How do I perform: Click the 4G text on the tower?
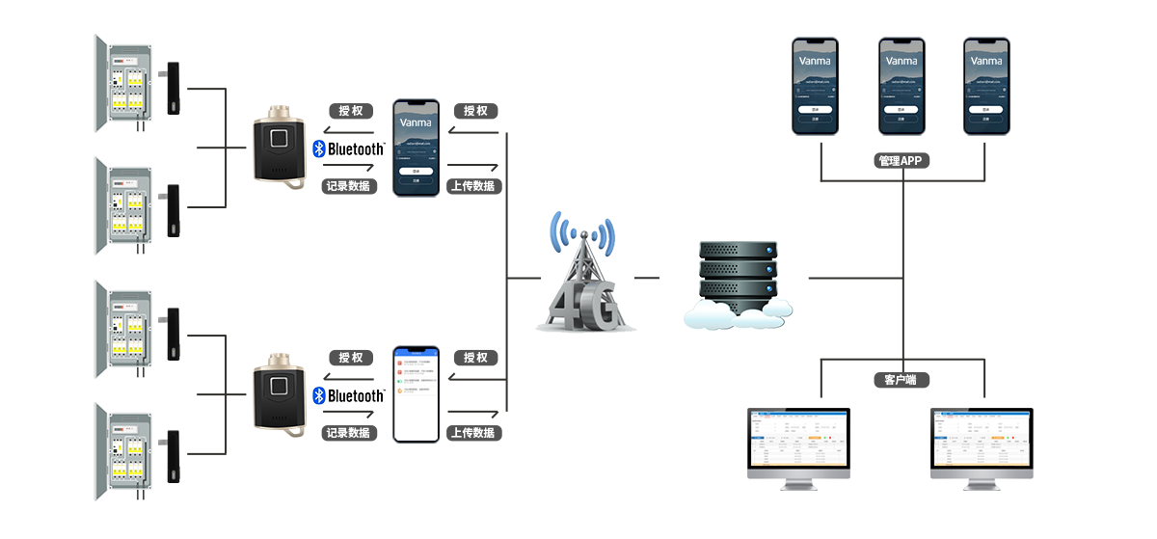click(x=583, y=307)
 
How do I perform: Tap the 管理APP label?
click(x=903, y=161)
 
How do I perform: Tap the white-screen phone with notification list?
click(x=415, y=392)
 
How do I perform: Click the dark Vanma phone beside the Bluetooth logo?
click(x=416, y=148)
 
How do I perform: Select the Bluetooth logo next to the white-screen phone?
click(x=348, y=396)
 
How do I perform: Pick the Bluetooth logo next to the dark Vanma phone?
click(x=348, y=149)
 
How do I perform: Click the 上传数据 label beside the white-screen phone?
click(x=472, y=433)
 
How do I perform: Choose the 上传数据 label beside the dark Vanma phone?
click(x=472, y=186)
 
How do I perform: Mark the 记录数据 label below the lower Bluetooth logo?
click(x=348, y=433)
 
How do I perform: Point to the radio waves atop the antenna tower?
click(x=581, y=232)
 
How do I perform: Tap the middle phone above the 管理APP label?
click(x=901, y=86)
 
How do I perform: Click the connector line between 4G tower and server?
click(x=647, y=278)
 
